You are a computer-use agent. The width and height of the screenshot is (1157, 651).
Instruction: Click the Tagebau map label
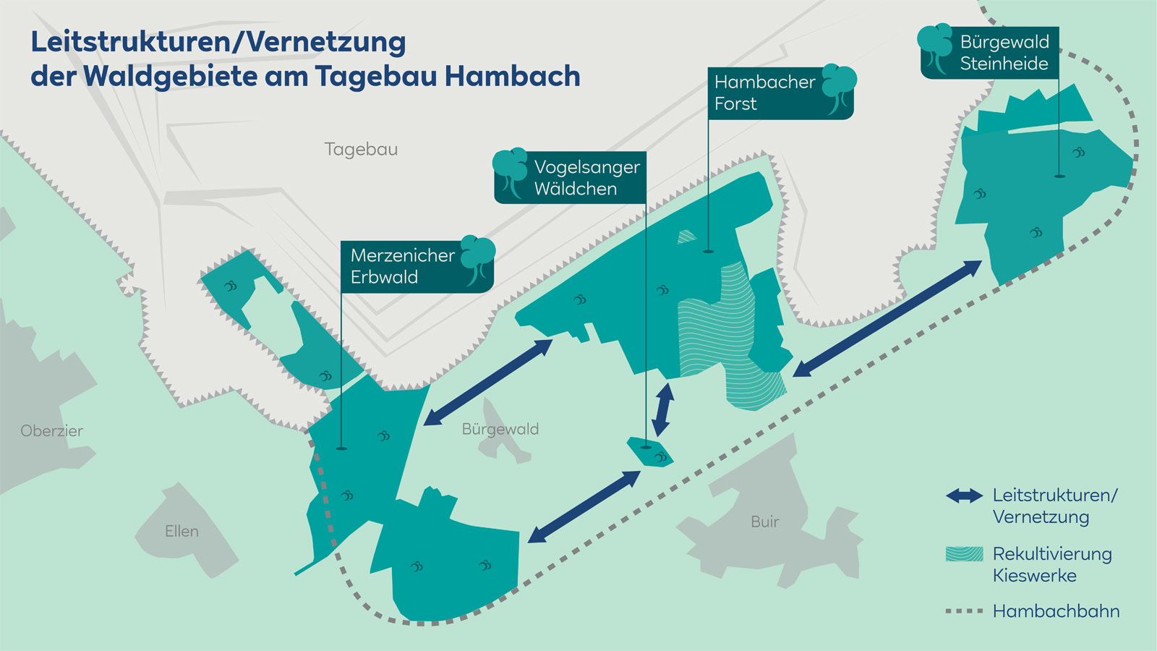(x=361, y=149)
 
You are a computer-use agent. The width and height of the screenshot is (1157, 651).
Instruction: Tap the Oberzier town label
(x=51, y=431)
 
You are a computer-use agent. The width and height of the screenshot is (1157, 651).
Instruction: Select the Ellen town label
(x=182, y=532)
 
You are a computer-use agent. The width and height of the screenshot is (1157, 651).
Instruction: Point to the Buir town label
(x=764, y=522)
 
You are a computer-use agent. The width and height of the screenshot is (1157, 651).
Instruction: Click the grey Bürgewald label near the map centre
(x=500, y=429)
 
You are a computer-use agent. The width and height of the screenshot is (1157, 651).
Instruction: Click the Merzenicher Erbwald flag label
(x=401, y=266)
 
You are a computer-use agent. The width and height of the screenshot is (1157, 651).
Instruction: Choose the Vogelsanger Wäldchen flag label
(x=586, y=178)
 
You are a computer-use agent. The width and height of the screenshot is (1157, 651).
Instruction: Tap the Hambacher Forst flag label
(x=764, y=93)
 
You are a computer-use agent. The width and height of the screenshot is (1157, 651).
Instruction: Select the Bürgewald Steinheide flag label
(x=1004, y=53)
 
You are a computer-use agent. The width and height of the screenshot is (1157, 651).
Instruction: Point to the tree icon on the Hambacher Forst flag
(x=839, y=88)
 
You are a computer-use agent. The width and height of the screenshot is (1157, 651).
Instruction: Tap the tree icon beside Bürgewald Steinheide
(x=936, y=47)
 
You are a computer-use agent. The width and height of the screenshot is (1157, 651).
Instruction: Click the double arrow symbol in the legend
(x=964, y=495)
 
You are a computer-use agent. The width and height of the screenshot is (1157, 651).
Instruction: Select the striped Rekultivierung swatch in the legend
(x=964, y=554)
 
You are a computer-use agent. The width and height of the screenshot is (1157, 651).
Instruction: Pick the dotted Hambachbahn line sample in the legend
(x=964, y=611)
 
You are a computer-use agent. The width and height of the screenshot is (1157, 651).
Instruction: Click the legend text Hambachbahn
(x=1056, y=611)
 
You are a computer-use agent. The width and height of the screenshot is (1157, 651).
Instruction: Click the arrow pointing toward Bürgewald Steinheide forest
(x=887, y=319)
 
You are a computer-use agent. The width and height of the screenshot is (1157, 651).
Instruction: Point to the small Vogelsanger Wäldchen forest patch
(x=649, y=452)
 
